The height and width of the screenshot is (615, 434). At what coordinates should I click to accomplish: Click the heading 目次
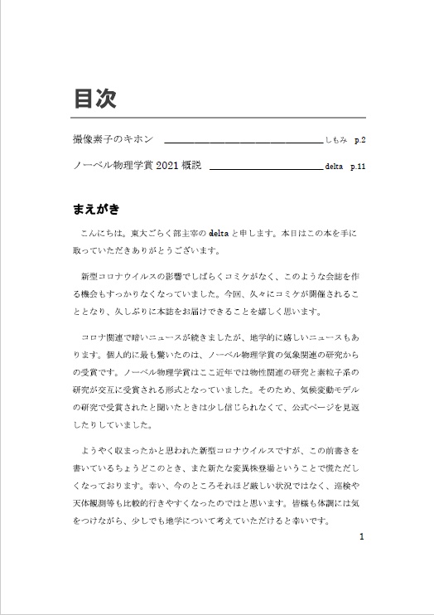[x=94, y=99]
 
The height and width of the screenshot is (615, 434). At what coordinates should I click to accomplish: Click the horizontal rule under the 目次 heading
[x=219, y=118]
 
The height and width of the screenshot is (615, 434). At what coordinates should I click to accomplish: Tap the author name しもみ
[x=337, y=141]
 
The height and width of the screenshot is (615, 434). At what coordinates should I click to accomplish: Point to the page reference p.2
[x=359, y=141]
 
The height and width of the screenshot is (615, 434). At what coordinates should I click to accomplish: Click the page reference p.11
[x=358, y=167]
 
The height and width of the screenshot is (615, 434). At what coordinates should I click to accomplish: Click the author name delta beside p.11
[x=333, y=167]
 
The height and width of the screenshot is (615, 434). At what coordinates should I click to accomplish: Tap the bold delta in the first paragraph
[x=219, y=234]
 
